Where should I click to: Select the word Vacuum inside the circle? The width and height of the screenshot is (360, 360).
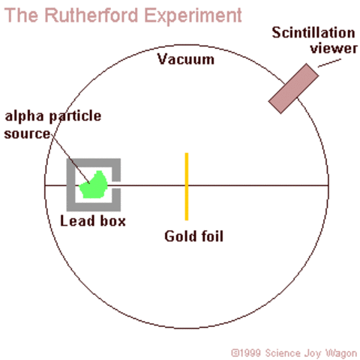pyautogui.click(x=185, y=59)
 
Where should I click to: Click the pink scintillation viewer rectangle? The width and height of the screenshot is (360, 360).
pyautogui.click(x=294, y=88)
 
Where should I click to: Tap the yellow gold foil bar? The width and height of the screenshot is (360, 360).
pyautogui.click(x=187, y=187)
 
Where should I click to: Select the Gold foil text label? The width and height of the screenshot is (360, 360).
pyautogui.click(x=193, y=236)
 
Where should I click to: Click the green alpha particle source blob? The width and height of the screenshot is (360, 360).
pyautogui.click(x=95, y=185)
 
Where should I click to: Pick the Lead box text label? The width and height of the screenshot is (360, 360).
pyautogui.click(x=93, y=221)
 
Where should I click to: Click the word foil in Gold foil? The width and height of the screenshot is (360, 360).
pyautogui.click(x=209, y=236)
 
